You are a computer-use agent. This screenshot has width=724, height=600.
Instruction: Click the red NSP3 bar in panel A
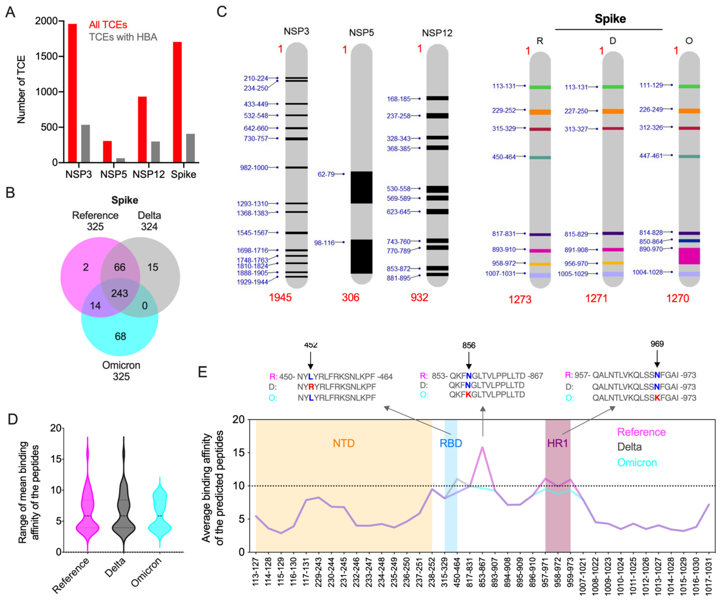pos(72,93)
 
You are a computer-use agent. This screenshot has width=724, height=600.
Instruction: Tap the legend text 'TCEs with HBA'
pos(123,37)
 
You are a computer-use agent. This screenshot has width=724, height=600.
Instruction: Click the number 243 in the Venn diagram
pos(120,293)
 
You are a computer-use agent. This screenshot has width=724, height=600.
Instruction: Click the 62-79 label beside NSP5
pos(326,174)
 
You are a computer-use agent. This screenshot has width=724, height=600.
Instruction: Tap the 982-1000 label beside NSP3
pos(254,168)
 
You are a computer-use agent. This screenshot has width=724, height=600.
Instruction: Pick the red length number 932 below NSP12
pos(419,297)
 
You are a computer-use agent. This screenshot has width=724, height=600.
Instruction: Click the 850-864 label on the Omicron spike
pos(651,242)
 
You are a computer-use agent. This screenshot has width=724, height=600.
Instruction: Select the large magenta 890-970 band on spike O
pos(689,256)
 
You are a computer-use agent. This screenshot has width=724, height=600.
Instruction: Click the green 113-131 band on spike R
pos(540,87)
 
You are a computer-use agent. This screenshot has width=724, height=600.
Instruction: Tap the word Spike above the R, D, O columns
pos(610,19)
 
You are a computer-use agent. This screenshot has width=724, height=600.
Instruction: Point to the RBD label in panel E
pos(451,443)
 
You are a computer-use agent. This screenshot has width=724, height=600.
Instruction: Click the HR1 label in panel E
pos(557,443)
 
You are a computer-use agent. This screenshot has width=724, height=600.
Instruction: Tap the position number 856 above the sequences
pos(469,345)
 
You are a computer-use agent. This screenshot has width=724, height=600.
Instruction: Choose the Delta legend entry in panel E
pos(630,447)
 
